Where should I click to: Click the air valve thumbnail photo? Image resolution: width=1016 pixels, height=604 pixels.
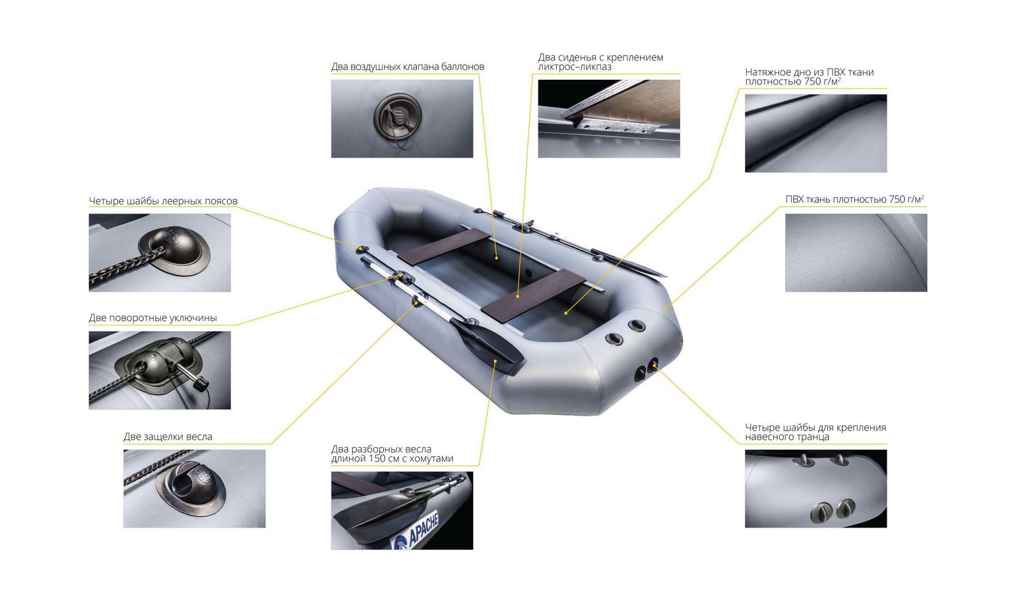click(x=402, y=119)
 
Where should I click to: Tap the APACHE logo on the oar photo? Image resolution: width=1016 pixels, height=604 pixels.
click(x=416, y=531)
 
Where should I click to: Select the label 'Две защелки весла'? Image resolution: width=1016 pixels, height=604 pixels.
click(x=168, y=437)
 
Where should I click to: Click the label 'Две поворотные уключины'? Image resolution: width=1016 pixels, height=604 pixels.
click(x=153, y=318)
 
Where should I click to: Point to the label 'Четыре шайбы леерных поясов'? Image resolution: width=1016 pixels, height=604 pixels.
click(x=164, y=201)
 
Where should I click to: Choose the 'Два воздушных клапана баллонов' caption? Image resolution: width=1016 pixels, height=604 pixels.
click(x=408, y=67)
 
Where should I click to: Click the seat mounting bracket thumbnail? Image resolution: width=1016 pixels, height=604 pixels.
click(x=609, y=119)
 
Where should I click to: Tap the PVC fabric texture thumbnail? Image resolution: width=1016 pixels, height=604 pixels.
click(x=856, y=253)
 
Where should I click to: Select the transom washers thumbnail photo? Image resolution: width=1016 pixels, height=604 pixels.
click(x=815, y=489)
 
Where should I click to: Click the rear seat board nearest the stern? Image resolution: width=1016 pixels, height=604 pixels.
click(x=533, y=296)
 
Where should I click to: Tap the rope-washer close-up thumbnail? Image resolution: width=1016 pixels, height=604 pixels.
click(x=160, y=253)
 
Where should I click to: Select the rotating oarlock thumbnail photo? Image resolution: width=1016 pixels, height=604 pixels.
click(x=160, y=370)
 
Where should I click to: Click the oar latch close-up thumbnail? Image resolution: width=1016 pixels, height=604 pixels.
click(x=194, y=489)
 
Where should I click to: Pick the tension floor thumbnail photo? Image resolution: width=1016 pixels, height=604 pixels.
click(x=815, y=133)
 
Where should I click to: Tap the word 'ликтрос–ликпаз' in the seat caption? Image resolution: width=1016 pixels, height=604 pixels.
click(x=575, y=67)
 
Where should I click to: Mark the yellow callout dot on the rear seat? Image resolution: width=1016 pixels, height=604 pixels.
click(x=519, y=297)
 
